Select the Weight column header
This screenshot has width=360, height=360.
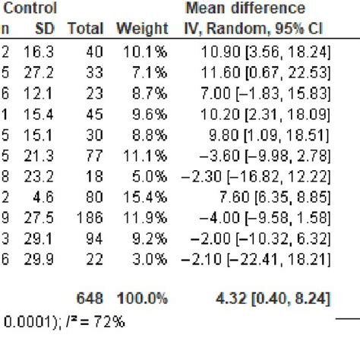[x=141, y=30]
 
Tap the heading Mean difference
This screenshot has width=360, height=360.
[x=245, y=9]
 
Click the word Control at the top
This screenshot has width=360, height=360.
[x=30, y=9]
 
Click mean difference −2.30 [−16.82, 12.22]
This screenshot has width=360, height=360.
[x=256, y=178]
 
